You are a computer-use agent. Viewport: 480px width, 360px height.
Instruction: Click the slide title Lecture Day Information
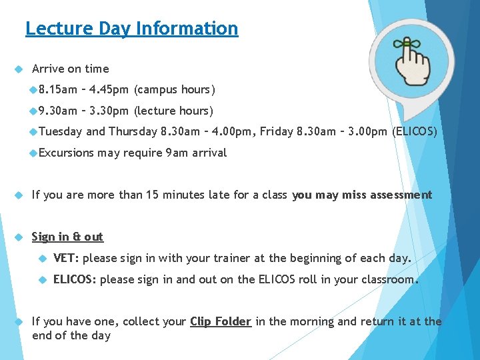click(131, 29)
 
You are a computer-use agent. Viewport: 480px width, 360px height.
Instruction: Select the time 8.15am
click(58, 89)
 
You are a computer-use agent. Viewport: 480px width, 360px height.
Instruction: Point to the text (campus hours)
click(175, 89)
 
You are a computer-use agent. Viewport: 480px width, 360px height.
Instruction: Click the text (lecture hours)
click(173, 111)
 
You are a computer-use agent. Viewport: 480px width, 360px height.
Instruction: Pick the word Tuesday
click(61, 131)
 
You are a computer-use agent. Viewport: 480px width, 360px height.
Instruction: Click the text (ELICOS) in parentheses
click(415, 131)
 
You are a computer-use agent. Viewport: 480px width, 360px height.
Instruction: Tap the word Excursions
click(66, 153)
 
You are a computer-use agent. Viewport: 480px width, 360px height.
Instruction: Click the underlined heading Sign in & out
click(67, 237)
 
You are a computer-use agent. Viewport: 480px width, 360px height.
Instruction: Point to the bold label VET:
click(66, 258)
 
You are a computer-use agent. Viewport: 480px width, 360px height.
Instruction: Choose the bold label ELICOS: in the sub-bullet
click(75, 279)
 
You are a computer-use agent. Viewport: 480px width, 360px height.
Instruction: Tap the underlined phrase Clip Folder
click(221, 321)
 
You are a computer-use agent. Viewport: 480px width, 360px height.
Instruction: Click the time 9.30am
click(58, 111)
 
